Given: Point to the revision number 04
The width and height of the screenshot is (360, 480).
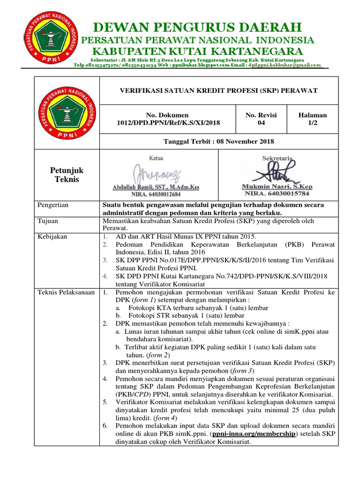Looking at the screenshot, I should [x=261, y=123].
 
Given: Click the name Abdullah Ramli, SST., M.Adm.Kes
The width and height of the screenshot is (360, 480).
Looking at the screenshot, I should [x=156, y=187].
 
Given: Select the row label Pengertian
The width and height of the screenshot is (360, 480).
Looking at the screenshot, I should [x=53, y=205].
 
